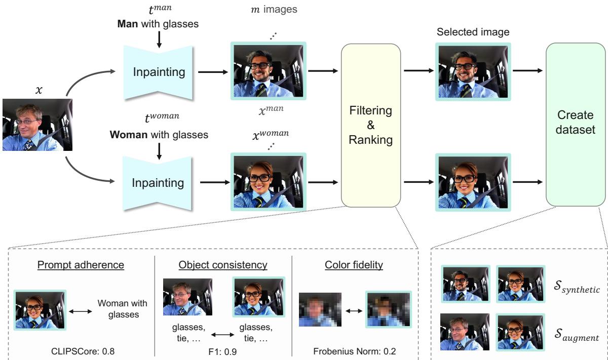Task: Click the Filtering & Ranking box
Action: click(371, 125)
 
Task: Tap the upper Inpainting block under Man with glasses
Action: click(159, 72)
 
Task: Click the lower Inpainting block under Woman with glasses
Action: click(159, 182)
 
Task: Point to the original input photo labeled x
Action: click(37, 125)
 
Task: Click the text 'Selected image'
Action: click(472, 32)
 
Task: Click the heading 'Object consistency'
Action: click(223, 265)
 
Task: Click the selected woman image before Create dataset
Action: click(472, 182)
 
